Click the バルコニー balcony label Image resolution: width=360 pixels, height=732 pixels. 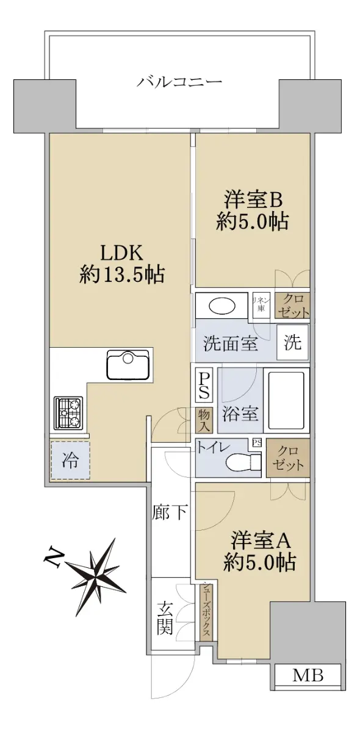[179, 82]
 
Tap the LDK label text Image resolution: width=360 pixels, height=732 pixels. [121, 253]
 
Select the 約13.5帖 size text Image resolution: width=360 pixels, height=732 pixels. [122, 274]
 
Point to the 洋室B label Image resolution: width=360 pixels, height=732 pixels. [253, 200]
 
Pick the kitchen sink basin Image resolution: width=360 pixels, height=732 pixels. [128, 364]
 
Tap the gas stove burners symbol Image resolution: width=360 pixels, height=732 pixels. [69, 413]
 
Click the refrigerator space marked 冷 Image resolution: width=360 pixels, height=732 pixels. [70, 461]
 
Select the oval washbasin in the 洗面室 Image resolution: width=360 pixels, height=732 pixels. [222, 306]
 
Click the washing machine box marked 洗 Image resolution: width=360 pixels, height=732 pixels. [292, 342]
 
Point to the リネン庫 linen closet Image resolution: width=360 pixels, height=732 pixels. [261, 305]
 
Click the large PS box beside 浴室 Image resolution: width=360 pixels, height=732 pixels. [204, 385]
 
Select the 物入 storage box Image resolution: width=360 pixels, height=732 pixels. [204, 420]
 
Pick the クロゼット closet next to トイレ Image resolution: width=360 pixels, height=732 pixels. [288, 458]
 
